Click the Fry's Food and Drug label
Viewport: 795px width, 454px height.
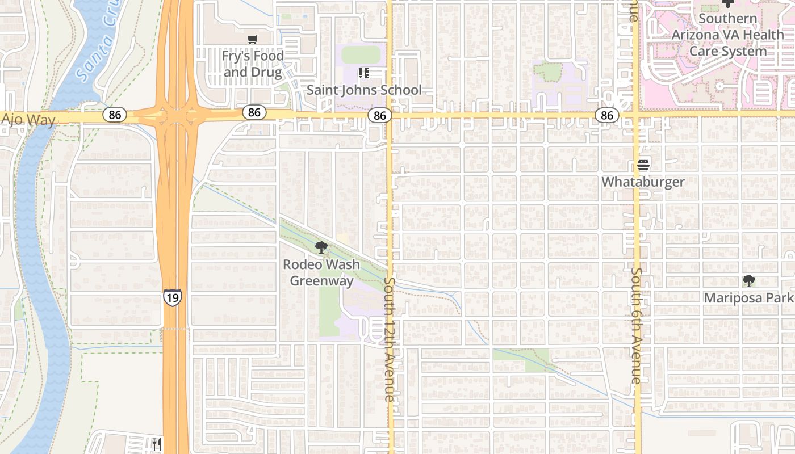click(x=253, y=64)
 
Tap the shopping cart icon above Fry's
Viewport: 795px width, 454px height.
click(x=253, y=39)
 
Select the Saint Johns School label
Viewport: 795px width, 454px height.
click(x=364, y=90)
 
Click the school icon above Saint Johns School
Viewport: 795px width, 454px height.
click(x=364, y=73)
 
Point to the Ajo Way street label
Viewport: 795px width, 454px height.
click(x=28, y=119)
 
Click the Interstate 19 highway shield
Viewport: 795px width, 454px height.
click(x=172, y=297)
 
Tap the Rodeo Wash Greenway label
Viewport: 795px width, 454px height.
click(x=321, y=272)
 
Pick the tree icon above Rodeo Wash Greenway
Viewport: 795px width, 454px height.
click(x=321, y=247)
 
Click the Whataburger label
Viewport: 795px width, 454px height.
click(x=643, y=182)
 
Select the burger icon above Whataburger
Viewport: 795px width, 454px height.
click(x=643, y=165)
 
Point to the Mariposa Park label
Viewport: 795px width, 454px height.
click(x=748, y=297)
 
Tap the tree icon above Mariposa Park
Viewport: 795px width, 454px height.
click(x=748, y=280)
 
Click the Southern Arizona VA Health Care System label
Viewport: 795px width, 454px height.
click(x=727, y=35)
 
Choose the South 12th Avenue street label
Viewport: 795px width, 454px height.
click(x=390, y=339)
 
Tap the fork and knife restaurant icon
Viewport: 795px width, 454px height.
click(x=157, y=444)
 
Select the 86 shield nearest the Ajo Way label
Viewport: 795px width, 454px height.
click(x=115, y=115)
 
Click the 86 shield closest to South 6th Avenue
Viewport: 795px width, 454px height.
click(x=607, y=116)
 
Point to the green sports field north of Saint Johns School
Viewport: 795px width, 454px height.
click(x=361, y=55)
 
